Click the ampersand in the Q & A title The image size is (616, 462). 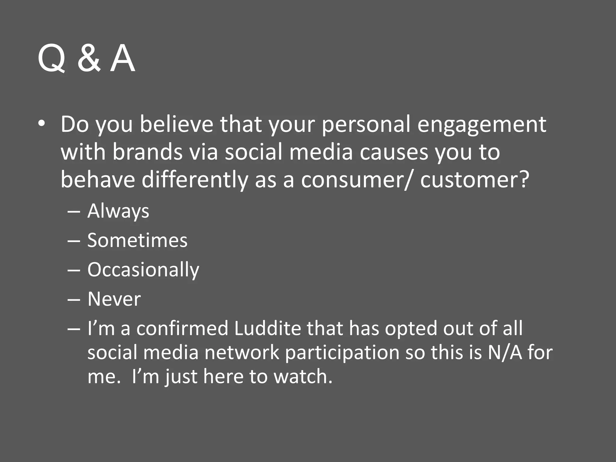coord(88,58)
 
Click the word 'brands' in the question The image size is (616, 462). coord(147,152)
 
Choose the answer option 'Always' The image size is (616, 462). coord(118,211)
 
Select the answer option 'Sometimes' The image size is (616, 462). coord(137,240)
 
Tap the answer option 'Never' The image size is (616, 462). coord(114,299)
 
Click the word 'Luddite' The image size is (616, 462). coord(267,328)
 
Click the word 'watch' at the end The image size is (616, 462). coord(300,377)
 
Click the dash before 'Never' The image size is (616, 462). coord(74,300)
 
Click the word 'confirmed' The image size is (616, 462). coord(182,328)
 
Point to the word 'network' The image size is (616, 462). coord(242,352)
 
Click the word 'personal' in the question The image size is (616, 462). coord(366,125)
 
